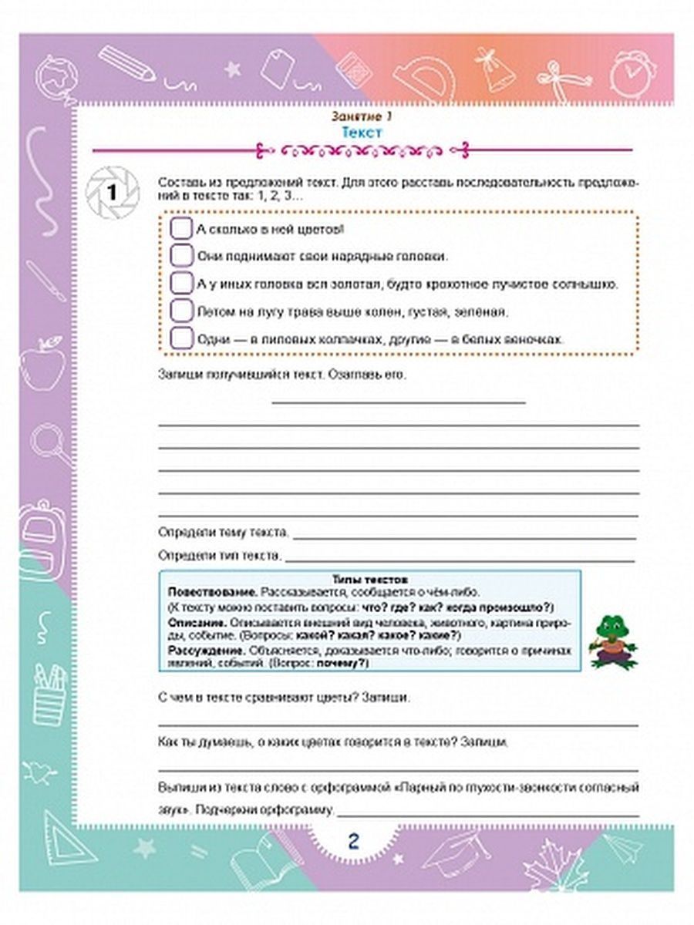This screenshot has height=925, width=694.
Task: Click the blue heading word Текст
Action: tap(362, 133)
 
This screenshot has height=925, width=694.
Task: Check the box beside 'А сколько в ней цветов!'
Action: tap(180, 230)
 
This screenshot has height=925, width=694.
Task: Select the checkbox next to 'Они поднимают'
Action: tap(180, 256)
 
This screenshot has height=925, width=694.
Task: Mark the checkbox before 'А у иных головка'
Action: tap(180, 284)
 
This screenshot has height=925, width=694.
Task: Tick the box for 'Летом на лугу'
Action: tap(180, 311)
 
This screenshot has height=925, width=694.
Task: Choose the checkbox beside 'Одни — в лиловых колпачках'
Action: tap(180, 338)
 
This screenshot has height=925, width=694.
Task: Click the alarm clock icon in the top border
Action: tap(631, 73)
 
